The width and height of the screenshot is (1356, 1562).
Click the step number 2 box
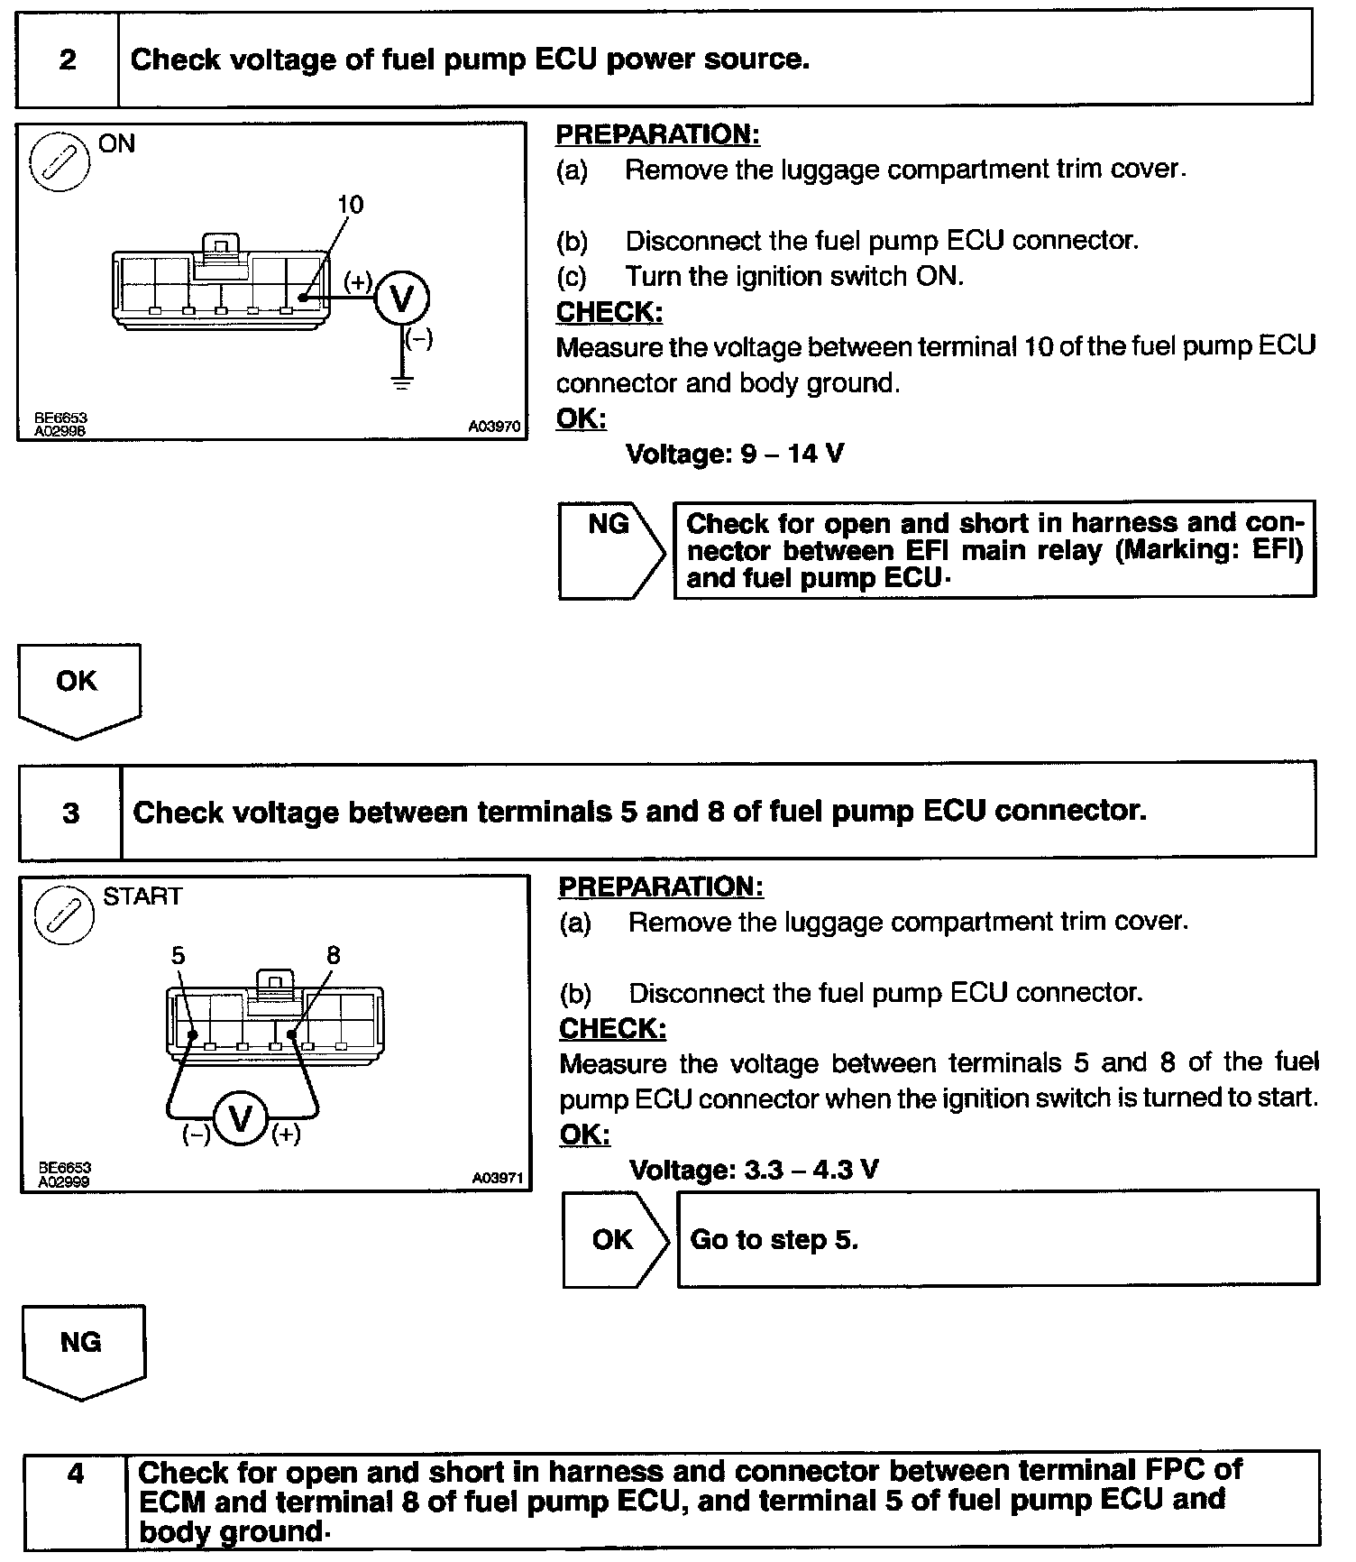pyautogui.click(x=68, y=60)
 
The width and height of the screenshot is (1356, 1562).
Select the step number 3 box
pyautogui.click(x=70, y=813)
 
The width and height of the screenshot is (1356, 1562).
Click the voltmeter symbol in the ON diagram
pyautogui.click(x=401, y=299)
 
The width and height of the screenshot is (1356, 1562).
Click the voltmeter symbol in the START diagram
pyautogui.click(x=241, y=1119)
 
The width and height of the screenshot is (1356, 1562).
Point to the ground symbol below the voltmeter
pyautogui.click(x=402, y=381)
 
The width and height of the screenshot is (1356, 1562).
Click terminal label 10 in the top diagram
pyautogui.click(x=350, y=205)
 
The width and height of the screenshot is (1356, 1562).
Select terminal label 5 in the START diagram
pyautogui.click(x=178, y=955)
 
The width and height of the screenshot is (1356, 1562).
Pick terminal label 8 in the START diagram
pyautogui.click(x=334, y=955)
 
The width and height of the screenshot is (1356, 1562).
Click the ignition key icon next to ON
pyautogui.click(x=60, y=162)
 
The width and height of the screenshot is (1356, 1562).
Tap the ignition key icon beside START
pyautogui.click(x=64, y=914)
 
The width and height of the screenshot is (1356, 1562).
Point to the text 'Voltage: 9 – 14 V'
pyautogui.click(x=735, y=453)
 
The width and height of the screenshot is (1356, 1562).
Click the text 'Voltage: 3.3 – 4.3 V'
pyautogui.click(x=754, y=1170)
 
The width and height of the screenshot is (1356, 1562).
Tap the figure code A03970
pyautogui.click(x=494, y=427)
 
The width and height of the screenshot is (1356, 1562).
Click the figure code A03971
pyautogui.click(x=498, y=1178)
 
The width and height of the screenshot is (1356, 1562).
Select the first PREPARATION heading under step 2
pyautogui.click(x=657, y=134)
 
